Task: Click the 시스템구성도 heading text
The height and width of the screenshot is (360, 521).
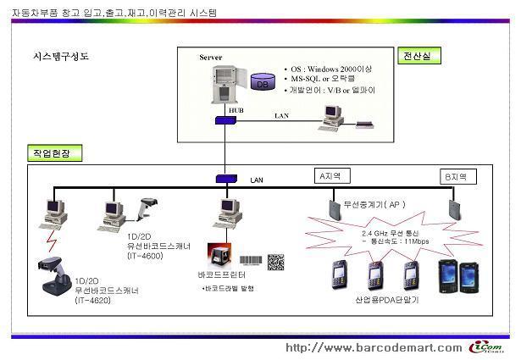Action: click(60, 57)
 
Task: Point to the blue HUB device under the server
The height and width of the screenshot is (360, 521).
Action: click(224, 119)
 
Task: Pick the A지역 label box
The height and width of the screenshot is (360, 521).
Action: click(329, 176)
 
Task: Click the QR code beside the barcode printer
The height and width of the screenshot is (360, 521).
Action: click(276, 262)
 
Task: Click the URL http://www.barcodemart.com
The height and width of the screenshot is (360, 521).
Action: click(374, 347)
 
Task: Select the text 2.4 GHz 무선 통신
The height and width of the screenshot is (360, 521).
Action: click(391, 231)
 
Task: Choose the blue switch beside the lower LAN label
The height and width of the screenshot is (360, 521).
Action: click(225, 179)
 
